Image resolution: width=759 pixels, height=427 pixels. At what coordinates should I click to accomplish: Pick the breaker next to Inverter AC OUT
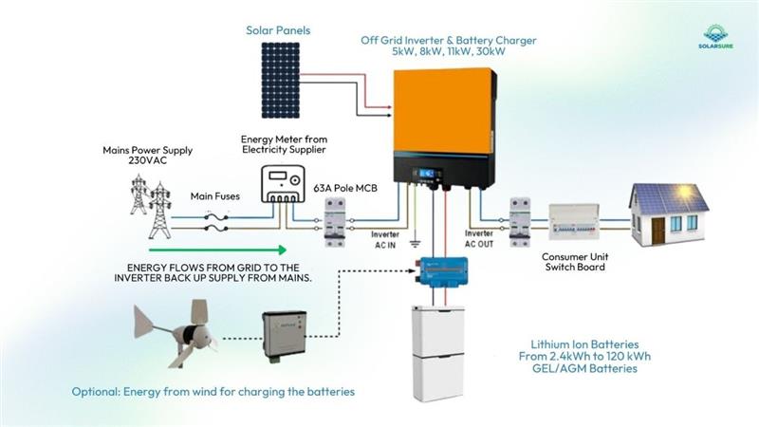point(521,220)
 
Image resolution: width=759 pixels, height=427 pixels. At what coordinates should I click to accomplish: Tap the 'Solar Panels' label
point(278,30)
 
